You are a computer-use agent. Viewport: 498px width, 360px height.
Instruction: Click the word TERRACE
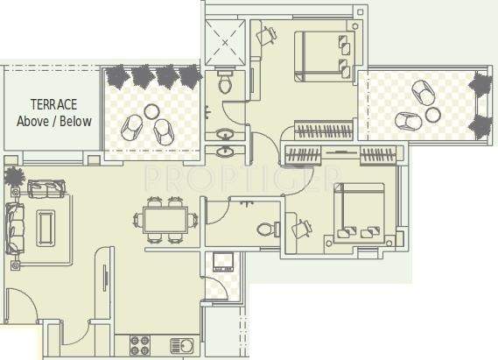pos(54,103)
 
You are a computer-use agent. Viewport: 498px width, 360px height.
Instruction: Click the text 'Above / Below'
pos(54,121)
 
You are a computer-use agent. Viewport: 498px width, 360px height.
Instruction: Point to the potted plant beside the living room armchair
pos(13,176)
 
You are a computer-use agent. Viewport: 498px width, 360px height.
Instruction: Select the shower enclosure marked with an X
pos(227,41)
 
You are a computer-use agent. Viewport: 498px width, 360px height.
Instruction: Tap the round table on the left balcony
pos(152,112)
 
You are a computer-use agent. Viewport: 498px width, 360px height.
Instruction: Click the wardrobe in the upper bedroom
pos(324,132)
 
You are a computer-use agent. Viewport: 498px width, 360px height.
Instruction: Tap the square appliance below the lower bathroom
pos(223,261)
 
